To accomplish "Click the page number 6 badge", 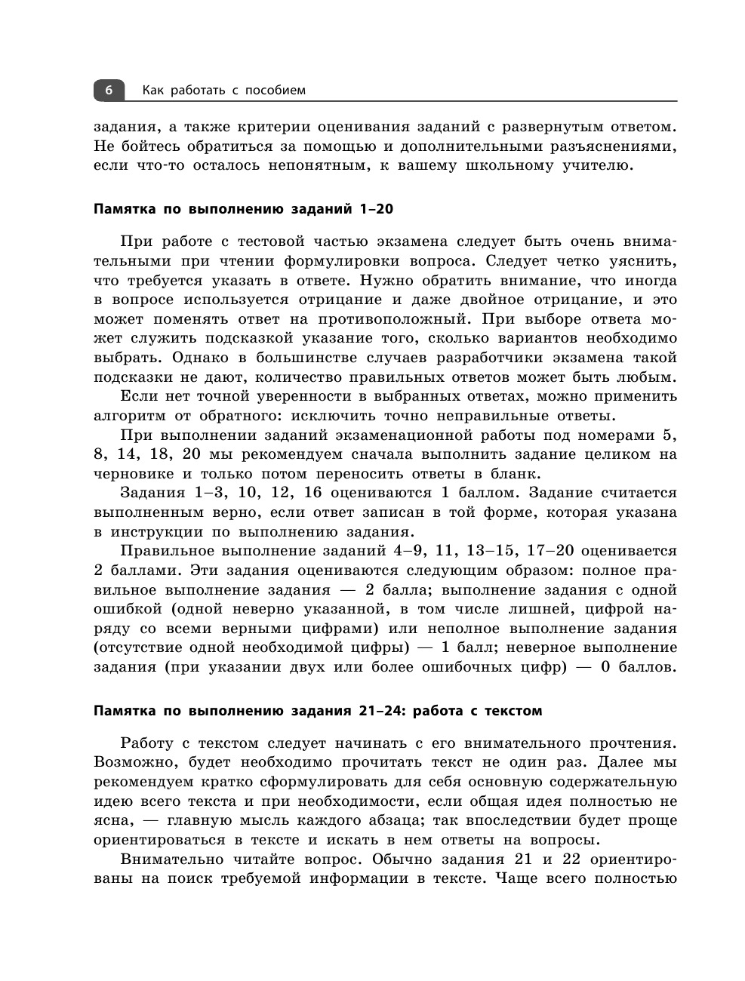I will tap(109, 91).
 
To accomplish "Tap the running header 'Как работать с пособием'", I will tap(224, 91).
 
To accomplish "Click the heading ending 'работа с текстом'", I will tap(318, 711).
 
